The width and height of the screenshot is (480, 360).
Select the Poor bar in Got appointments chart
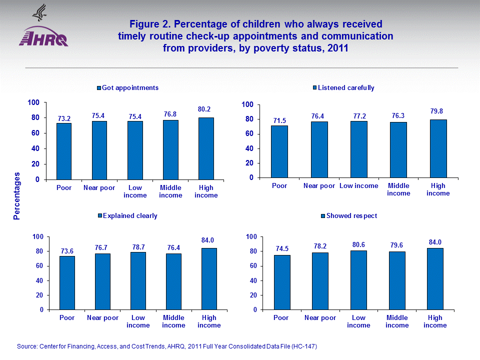tap(63, 151)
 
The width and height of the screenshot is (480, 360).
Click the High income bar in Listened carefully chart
tap(438, 148)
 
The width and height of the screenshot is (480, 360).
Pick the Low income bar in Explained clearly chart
tap(138, 280)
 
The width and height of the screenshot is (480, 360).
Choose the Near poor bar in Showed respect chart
tap(320, 281)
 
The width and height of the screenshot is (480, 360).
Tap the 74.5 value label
tap(282, 248)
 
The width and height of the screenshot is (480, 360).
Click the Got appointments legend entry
tap(127, 88)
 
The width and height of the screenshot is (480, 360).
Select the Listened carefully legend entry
tap(343, 88)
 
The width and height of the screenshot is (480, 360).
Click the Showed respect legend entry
tap(348, 216)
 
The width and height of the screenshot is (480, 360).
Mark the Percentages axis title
tap(17, 196)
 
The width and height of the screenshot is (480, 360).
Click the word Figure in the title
tap(144, 24)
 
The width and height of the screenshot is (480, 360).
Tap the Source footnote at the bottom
tap(167, 346)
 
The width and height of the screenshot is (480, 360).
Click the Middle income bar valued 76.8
tap(170, 149)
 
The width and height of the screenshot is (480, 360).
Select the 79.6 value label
tap(397, 244)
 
